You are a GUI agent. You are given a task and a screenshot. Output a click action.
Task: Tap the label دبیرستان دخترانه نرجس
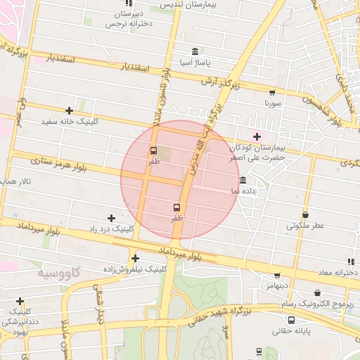pos(128,18)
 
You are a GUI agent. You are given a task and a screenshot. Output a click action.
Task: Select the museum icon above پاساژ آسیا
pos(195,51)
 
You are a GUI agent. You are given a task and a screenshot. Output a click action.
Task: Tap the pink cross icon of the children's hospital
pos(257,136)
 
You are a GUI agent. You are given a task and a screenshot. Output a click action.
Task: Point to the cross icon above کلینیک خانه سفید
pos(69,110)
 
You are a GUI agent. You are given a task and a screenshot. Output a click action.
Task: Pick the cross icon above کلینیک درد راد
pos(111,218)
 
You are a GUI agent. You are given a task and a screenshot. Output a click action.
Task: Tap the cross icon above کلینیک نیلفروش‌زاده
pos(135,258)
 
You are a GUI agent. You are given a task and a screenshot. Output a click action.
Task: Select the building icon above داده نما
pos(243,180)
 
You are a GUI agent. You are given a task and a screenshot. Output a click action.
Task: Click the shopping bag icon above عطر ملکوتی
pos(305,214)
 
